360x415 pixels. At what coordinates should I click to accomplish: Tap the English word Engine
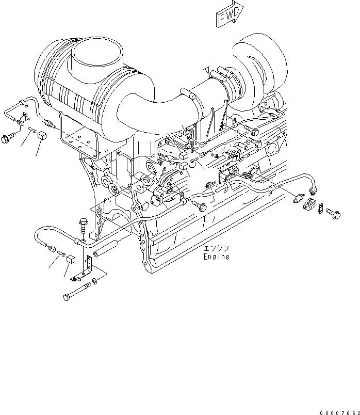(216, 257)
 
